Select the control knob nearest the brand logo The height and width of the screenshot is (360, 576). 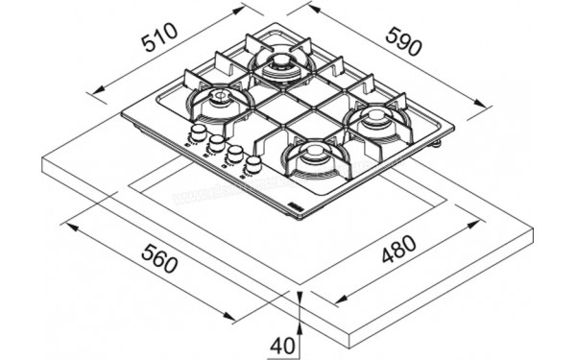pos(253,165)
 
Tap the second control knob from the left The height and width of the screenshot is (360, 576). pos(216,144)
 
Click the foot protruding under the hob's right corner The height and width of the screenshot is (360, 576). pos(438,145)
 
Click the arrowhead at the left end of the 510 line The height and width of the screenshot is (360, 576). pos(91,91)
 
